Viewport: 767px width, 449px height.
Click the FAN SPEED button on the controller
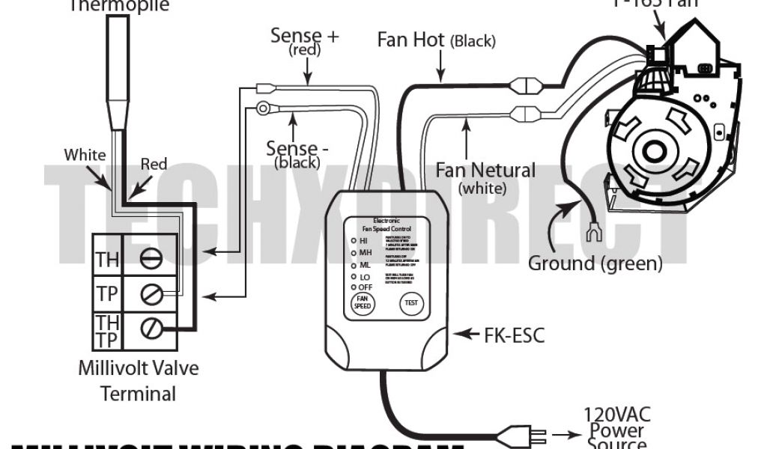363,303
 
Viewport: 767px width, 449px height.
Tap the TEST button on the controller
411,303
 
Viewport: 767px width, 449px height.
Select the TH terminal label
107,260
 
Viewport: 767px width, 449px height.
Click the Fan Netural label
485,171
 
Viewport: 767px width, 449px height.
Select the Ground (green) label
595,263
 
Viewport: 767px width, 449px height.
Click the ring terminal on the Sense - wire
263,109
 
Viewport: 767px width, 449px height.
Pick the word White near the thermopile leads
85,155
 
